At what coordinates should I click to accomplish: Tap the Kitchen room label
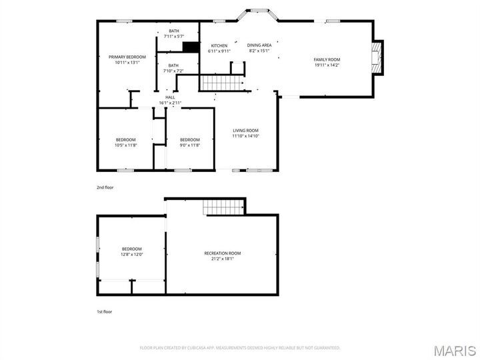[219, 45]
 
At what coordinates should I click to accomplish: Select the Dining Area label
[259, 45]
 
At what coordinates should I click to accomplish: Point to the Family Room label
[327, 60]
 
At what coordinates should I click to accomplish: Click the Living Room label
[245, 130]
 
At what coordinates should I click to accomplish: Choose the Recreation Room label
[222, 253]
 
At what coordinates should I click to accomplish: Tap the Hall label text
[170, 97]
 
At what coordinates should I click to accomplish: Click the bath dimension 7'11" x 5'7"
[174, 36]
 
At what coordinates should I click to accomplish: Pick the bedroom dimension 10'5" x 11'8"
[125, 145]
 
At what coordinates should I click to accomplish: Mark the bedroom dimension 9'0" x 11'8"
[189, 145]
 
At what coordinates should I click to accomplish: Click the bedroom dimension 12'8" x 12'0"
[131, 254]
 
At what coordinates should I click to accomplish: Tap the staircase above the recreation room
[223, 207]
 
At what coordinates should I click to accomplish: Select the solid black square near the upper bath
[191, 47]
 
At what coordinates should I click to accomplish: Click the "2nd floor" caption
[105, 187]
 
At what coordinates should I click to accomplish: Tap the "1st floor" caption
[105, 311]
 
